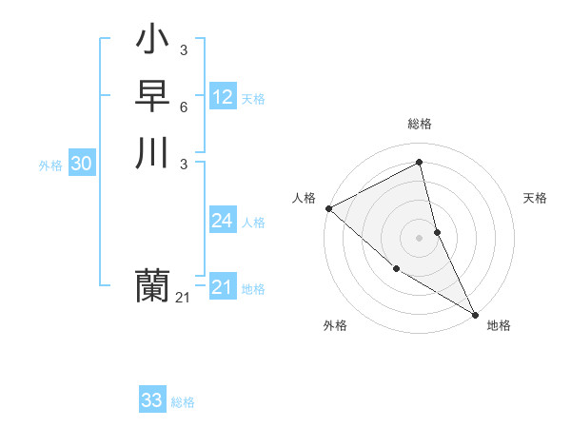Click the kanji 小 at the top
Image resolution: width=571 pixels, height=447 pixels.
click(153, 42)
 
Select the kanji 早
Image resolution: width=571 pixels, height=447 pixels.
click(153, 97)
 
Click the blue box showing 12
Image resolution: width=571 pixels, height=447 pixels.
click(223, 97)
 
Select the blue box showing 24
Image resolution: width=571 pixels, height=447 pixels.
click(223, 221)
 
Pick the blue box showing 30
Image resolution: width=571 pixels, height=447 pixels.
click(82, 164)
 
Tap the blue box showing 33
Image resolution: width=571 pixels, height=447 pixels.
click(152, 400)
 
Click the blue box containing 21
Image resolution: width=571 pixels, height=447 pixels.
click(223, 287)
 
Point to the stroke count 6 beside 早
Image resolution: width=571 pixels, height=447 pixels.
click(183, 107)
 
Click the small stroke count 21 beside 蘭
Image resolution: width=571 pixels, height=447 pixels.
click(183, 299)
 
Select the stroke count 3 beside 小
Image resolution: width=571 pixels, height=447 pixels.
click(183, 50)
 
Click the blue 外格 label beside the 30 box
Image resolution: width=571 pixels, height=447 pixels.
click(50, 165)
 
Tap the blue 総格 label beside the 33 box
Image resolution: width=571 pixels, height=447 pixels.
click(183, 402)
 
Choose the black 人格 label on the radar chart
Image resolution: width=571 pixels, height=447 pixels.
click(304, 198)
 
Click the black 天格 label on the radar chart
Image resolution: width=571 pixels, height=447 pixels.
click(536, 198)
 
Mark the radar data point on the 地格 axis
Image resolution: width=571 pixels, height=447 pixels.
click(475, 313)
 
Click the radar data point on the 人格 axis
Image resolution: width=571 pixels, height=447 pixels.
click(328, 208)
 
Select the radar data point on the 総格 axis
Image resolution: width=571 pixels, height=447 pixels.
click(420, 163)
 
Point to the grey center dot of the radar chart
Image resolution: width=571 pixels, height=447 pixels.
click(420, 237)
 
